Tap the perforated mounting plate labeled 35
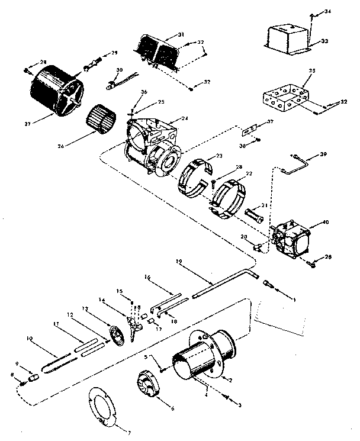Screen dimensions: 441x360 [282, 96]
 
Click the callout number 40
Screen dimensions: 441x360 [324, 223]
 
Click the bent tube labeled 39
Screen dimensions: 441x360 [296, 163]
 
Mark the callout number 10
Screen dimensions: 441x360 [29, 339]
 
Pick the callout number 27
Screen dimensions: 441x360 [27, 124]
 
